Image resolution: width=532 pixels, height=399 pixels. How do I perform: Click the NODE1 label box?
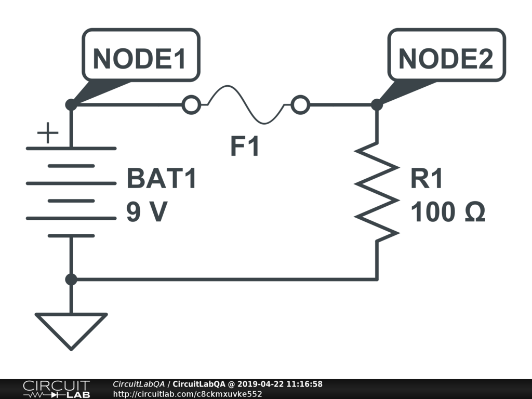[140, 56]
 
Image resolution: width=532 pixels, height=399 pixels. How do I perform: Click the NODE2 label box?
[446, 56]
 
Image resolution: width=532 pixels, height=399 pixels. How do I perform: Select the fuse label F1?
[245, 148]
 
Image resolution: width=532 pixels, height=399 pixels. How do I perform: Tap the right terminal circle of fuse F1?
[300, 105]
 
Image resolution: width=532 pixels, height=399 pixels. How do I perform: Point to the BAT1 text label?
[162, 180]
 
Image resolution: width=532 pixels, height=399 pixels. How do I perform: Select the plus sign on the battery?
[48, 134]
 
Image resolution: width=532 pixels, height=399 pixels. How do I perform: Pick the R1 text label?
[427, 180]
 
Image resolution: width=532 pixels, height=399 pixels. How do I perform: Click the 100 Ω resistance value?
[448, 212]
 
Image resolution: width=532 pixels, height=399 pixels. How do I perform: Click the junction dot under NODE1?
[71, 105]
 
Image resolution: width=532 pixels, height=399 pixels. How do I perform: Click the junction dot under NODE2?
[377, 105]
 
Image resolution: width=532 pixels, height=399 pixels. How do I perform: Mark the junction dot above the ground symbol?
[71, 280]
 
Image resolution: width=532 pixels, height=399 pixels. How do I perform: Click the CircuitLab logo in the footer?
[56, 389]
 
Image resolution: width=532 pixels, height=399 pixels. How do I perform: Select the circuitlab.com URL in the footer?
[187, 394]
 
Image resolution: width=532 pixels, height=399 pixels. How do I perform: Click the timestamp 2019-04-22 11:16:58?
[280, 384]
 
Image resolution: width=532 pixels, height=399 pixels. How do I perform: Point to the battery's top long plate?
[71, 149]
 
